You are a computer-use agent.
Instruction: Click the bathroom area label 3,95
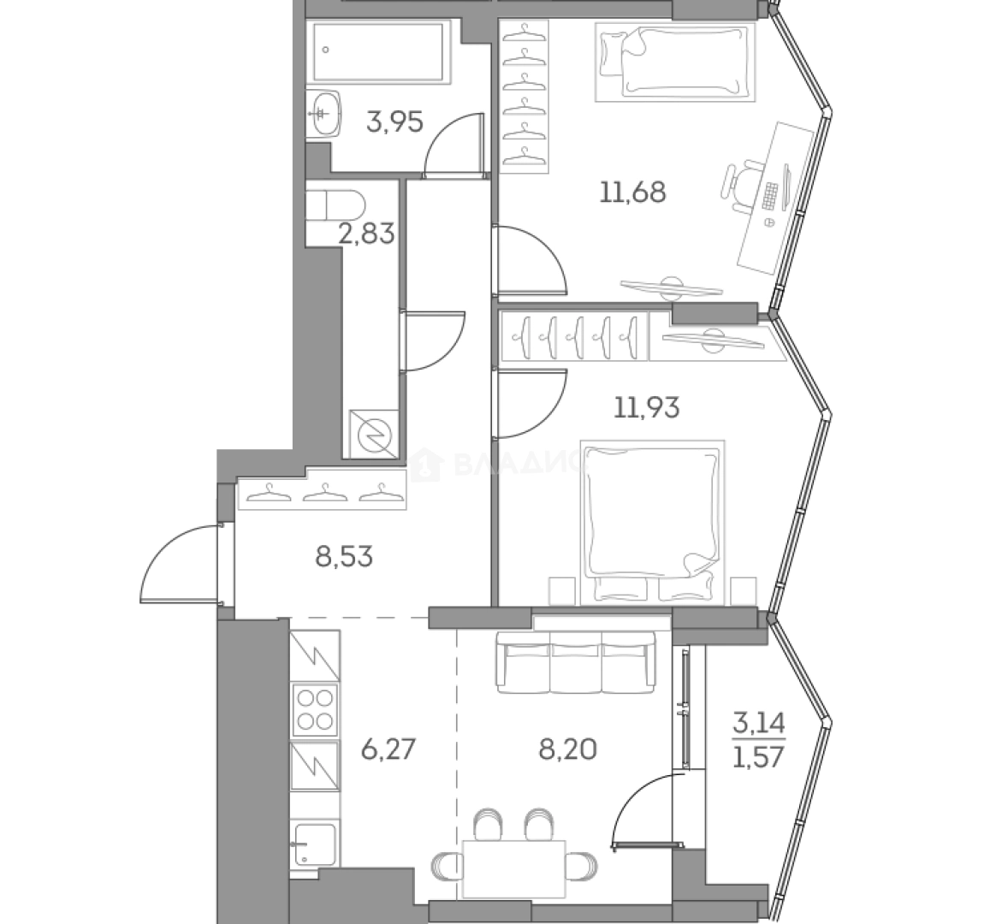394,123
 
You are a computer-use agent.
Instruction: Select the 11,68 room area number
632,192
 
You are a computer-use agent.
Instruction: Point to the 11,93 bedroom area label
647,408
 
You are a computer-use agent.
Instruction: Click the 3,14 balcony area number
758,726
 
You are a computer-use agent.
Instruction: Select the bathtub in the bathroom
379,54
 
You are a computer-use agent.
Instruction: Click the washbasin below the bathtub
323,113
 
